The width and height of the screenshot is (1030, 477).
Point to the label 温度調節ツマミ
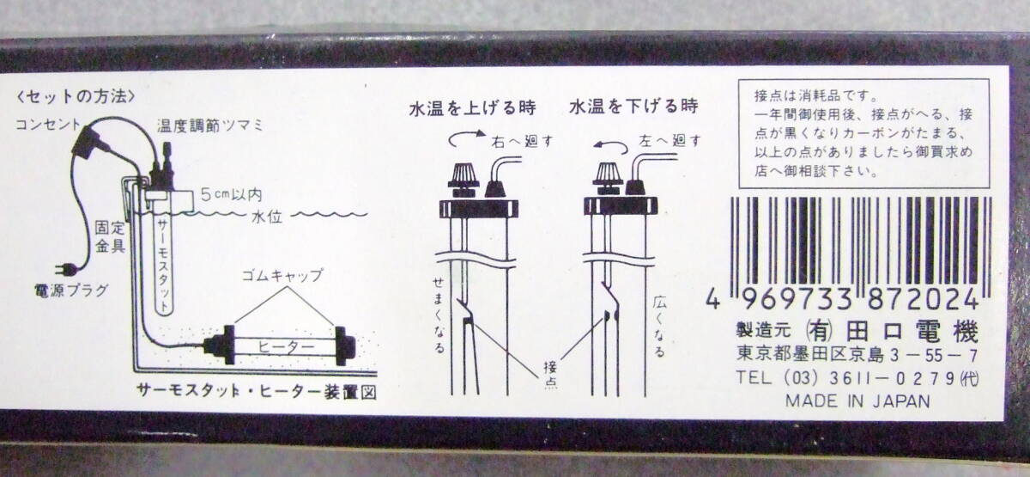click(x=210, y=125)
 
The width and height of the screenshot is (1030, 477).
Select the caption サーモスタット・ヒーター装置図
click(x=256, y=392)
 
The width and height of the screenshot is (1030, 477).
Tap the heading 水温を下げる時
click(x=632, y=108)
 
